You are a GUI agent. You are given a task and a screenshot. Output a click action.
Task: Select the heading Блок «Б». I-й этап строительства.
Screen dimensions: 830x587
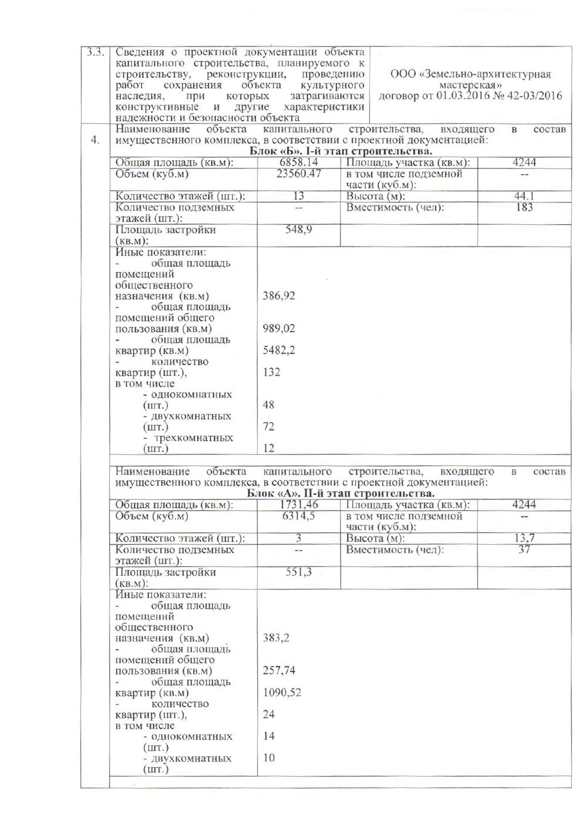click(341, 151)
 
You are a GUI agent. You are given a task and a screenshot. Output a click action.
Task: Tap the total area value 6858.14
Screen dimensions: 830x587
click(299, 163)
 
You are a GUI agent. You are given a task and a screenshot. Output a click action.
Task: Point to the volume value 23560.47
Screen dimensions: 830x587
click(299, 174)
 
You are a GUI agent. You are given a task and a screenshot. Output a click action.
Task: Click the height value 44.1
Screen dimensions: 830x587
click(524, 196)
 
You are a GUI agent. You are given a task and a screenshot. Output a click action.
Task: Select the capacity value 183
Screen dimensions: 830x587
click(524, 207)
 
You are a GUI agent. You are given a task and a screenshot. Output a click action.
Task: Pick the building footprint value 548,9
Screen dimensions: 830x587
click(299, 230)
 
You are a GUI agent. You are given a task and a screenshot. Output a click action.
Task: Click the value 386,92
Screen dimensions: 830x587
click(279, 296)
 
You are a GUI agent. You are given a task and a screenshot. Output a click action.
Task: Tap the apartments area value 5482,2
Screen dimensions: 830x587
click(279, 350)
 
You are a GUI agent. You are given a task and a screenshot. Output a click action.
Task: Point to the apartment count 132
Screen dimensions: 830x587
click(271, 372)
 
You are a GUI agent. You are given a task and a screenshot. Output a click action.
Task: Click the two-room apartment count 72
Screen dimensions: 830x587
click(268, 427)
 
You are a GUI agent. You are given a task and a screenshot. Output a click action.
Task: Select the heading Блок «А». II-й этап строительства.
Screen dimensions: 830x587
click(340, 493)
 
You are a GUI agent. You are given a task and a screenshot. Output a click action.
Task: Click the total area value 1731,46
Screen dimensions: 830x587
click(299, 504)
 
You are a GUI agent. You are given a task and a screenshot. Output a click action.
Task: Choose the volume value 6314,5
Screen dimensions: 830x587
click(299, 515)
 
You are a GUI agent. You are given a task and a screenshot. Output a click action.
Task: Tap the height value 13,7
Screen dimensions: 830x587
click(524, 538)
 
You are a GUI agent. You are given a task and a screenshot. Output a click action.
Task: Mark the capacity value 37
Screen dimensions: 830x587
click(524, 549)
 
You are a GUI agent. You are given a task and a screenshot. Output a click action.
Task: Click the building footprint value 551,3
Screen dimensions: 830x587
click(299, 572)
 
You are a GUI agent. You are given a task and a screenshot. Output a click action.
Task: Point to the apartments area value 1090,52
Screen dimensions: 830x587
click(282, 693)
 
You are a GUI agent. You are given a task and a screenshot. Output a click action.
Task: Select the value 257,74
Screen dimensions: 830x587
click(279, 671)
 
